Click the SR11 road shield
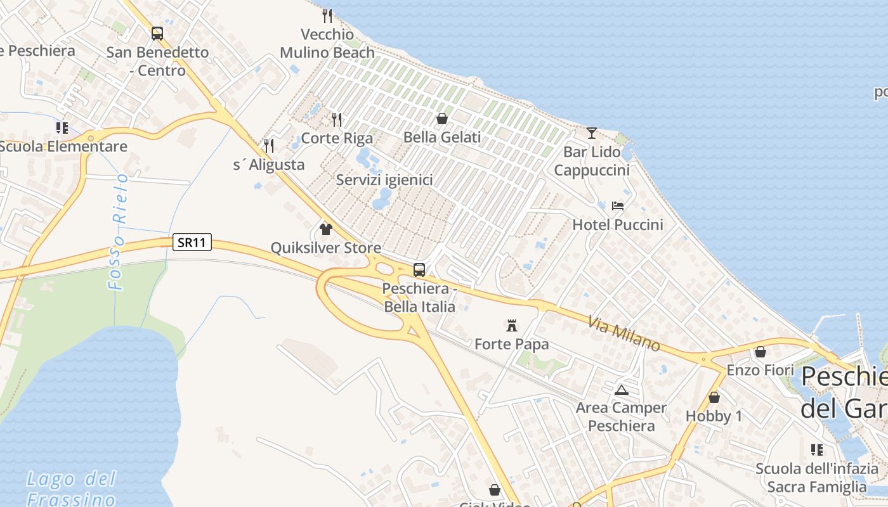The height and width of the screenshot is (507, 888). tap(192, 242)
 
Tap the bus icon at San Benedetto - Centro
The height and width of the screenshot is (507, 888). tap(157, 34)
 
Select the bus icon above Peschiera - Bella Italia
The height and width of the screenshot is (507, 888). tap(419, 270)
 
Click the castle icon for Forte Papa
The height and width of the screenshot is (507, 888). tap(512, 326)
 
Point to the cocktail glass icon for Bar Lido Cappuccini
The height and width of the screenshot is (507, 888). tap(592, 133)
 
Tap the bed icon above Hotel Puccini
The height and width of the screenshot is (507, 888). tap(618, 206)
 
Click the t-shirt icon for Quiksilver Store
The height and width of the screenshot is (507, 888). tap(326, 229)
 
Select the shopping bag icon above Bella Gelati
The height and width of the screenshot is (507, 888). tap(442, 119)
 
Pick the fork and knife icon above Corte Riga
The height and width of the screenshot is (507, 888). tap(337, 119)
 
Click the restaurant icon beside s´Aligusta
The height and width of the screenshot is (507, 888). tap(269, 146)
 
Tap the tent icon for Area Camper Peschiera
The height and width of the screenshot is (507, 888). tap(622, 390)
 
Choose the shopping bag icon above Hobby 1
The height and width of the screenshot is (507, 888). tap(714, 397)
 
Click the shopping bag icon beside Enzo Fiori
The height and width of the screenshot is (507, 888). tap(761, 352)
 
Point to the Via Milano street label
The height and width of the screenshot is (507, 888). tap(624, 334)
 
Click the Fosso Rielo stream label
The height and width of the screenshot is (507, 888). tap(119, 231)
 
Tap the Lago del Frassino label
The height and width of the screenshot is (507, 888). tap(72, 489)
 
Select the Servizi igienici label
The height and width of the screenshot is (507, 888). tap(384, 180)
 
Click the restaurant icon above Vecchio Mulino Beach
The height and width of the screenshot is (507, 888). tap(327, 15)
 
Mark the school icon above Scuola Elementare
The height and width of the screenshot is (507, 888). tap(62, 128)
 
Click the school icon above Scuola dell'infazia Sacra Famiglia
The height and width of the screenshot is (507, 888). tap(817, 450)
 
